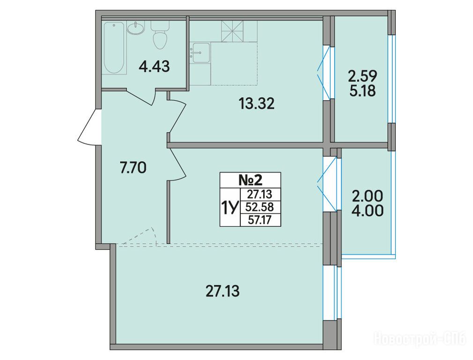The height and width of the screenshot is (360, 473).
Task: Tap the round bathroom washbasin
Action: click(136, 28)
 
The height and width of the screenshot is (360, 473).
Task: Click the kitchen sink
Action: click(201, 53)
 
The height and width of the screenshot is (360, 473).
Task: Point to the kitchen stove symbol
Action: click(232, 31)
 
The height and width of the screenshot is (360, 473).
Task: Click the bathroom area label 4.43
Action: click(154, 66)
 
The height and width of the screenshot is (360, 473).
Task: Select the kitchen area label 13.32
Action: click(257, 104)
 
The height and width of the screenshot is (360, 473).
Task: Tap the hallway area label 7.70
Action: click(133, 168)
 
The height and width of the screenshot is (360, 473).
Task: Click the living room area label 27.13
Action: click(222, 292)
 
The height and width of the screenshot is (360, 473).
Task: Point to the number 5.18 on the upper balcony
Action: click(362, 90)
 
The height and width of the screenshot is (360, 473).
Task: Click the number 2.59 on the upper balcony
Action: click(362, 76)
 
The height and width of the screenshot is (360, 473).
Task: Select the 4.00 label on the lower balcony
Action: click(368, 210)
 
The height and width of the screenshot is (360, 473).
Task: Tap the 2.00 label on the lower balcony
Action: click(368, 196)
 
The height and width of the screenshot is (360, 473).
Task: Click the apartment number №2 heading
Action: click(251, 180)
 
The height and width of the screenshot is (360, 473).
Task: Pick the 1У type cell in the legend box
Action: click(230, 207)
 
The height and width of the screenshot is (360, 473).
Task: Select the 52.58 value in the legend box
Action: click(260, 207)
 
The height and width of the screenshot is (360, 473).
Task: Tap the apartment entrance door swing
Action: click(88, 127)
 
